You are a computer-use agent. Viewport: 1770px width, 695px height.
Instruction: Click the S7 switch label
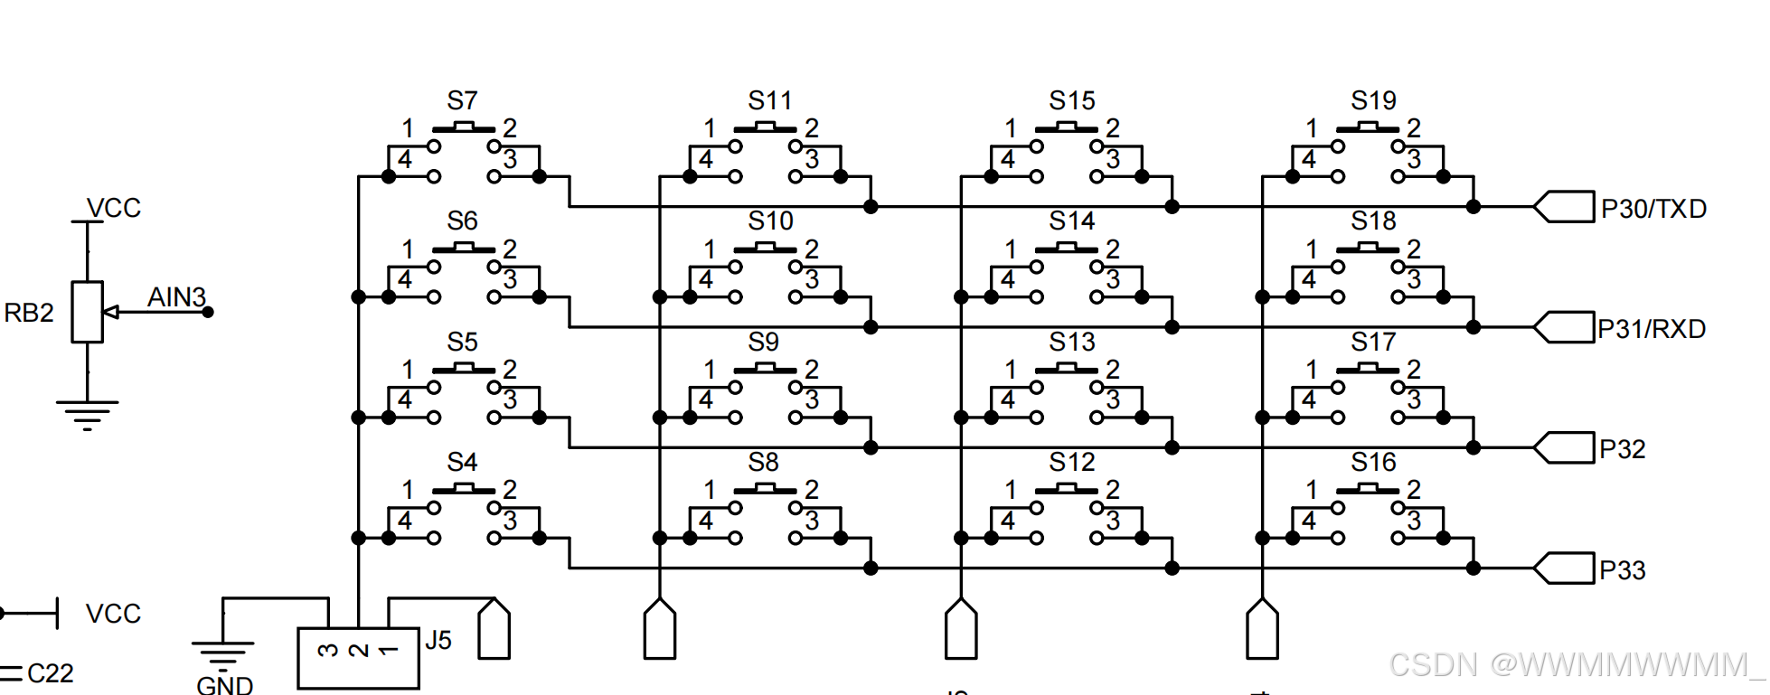462,100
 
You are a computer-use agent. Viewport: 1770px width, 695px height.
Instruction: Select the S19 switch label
1373,100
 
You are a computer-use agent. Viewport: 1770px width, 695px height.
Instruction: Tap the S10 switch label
770,221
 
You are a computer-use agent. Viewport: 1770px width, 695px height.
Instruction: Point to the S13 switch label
1072,342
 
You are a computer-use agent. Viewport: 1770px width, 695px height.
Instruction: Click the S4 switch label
462,462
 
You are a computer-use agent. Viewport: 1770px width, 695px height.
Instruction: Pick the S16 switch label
1373,462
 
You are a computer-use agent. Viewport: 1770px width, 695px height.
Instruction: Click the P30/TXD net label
1653,209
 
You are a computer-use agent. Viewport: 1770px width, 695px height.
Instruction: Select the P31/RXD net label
1652,329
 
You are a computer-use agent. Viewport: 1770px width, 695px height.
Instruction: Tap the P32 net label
1622,449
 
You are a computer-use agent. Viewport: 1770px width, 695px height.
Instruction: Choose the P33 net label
1622,570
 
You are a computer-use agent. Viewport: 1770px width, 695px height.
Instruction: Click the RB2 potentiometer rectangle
87,312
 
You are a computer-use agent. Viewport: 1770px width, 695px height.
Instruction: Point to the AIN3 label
176,296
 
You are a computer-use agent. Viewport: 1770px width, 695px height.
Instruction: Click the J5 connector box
358,658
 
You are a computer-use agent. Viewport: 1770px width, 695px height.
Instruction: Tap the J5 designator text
438,641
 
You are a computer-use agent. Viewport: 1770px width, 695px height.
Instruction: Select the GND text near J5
224,685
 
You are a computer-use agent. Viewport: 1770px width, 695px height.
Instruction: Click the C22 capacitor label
51,673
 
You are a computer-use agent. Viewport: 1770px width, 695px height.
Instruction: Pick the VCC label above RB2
114,208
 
